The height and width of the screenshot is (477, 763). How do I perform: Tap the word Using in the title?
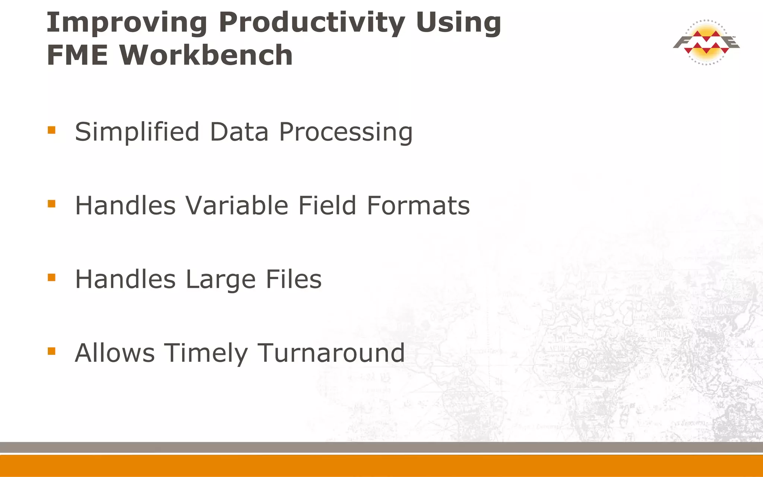(x=458, y=23)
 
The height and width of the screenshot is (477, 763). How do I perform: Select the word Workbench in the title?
(x=206, y=55)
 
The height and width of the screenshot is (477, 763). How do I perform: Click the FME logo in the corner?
(x=706, y=42)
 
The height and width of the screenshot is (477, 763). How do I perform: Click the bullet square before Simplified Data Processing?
(x=52, y=130)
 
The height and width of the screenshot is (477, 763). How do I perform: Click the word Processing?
(x=346, y=133)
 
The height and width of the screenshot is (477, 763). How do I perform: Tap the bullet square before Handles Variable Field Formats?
(x=52, y=203)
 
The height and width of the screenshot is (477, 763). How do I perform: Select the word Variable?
(x=237, y=205)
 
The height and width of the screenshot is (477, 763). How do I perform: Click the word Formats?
(x=418, y=205)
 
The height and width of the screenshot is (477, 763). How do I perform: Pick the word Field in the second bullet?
(x=327, y=205)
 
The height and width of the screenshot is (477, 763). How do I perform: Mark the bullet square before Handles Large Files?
(x=52, y=277)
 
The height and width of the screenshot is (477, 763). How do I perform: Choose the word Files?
(x=294, y=279)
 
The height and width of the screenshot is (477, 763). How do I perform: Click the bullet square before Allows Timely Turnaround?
(x=52, y=351)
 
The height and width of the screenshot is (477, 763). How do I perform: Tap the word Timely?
(x=206, y=353)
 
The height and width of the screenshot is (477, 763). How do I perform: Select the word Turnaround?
(x=331, y=353)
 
